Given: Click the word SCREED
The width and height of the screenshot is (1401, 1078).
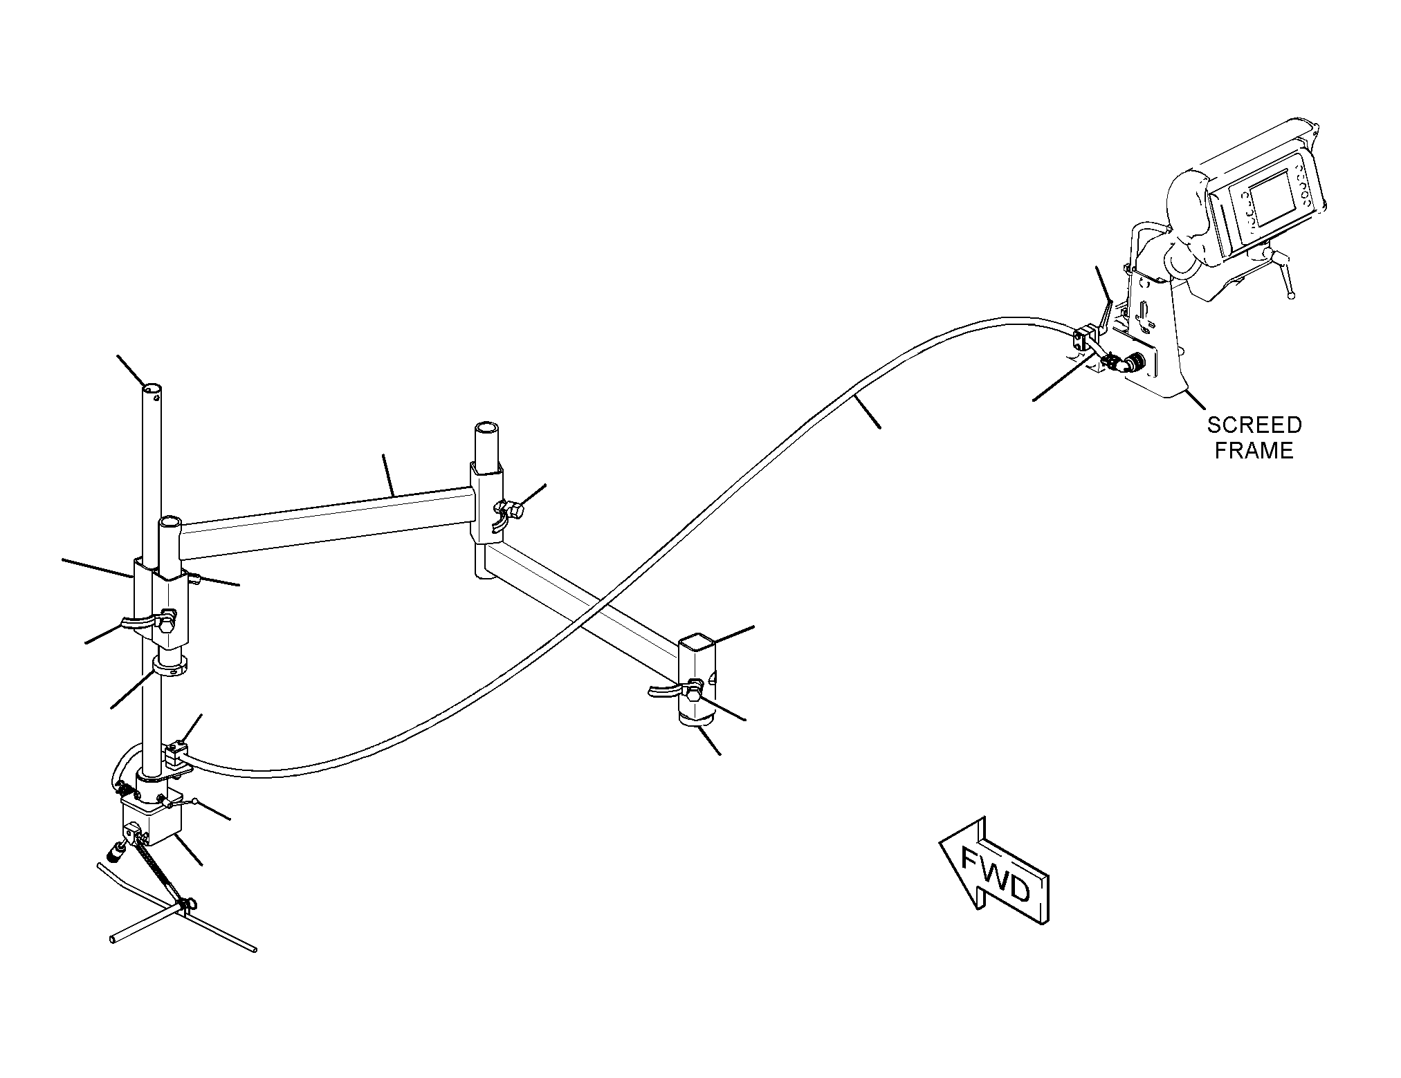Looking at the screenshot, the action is click(1254, 425).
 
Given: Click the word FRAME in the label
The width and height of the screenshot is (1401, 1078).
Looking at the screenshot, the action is click(1254, 451).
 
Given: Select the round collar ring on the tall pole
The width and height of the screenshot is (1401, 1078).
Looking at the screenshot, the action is click(170, 667).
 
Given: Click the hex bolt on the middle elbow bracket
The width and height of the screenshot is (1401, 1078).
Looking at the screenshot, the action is click(514, 512).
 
